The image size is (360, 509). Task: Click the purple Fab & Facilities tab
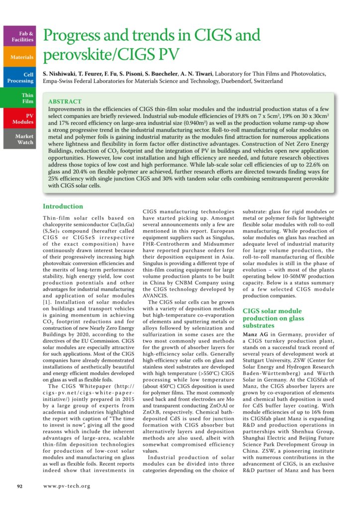[19, 35]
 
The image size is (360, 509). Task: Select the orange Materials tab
[19, 57]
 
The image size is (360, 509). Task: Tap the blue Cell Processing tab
[19, 78]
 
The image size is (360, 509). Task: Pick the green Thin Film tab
[19, 98]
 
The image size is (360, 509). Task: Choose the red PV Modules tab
[19, 118]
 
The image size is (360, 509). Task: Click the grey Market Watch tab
[19, 139]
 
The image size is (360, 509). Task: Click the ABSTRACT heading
[65, 100]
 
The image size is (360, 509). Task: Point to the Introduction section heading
[63, 206]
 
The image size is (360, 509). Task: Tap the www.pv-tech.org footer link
[67, 486]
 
